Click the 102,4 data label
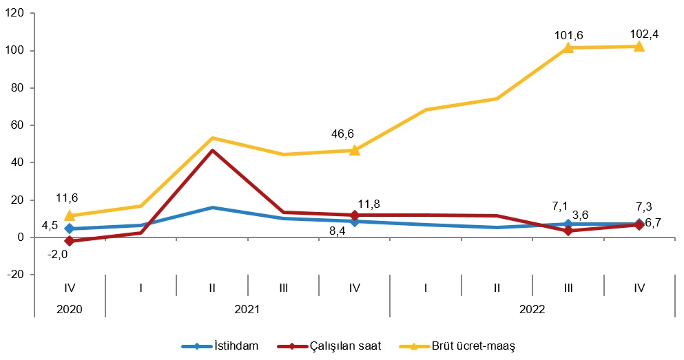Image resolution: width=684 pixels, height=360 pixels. click(644, 33)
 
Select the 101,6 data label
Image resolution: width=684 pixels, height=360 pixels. click(568, 34)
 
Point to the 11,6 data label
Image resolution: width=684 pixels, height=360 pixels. click(67, 198)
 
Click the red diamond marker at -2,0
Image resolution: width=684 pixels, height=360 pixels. click(70, 241)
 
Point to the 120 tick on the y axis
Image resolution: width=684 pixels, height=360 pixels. click(15, 14)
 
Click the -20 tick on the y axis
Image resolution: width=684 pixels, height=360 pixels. click(15, 275)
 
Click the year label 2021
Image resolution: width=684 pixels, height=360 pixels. click(247, 310)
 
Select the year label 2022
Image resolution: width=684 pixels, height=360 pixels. click(532, 310)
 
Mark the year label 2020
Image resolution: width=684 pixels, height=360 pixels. click(70, 310)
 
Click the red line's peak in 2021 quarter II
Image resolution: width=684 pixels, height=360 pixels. click(212, 150)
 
